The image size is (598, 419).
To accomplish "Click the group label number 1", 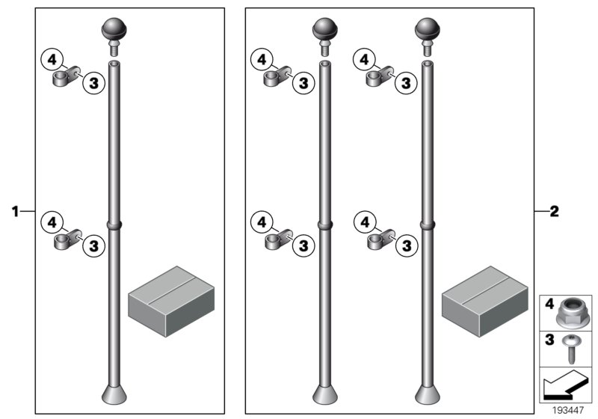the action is coord(15,211).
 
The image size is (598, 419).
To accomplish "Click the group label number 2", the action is coord(554,211).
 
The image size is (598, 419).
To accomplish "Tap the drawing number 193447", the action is coord(568,410).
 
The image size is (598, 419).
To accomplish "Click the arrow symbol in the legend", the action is coord(563,385).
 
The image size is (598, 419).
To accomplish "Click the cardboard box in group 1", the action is coord(171,302).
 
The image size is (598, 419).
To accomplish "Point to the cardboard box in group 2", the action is coord(485,302).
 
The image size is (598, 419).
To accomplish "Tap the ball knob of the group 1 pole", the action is coord(114,30).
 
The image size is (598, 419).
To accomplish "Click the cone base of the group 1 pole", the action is coord(114,395).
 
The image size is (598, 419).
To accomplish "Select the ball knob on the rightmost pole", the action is coord(428,30).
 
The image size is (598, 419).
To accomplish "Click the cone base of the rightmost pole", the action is coord(428,395).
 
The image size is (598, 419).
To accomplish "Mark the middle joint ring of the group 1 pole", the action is coord(114,224).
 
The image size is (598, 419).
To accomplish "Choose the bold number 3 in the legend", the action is coord(549,339).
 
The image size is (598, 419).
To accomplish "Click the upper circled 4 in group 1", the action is coord(52,60).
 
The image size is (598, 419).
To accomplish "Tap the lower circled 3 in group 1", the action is coord(94,245).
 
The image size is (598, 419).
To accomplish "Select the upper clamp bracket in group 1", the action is coord(66,76).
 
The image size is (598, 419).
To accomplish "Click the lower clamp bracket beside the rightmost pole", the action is coord(381,239).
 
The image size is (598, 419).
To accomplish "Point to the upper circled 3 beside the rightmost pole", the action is coord(406,83).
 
